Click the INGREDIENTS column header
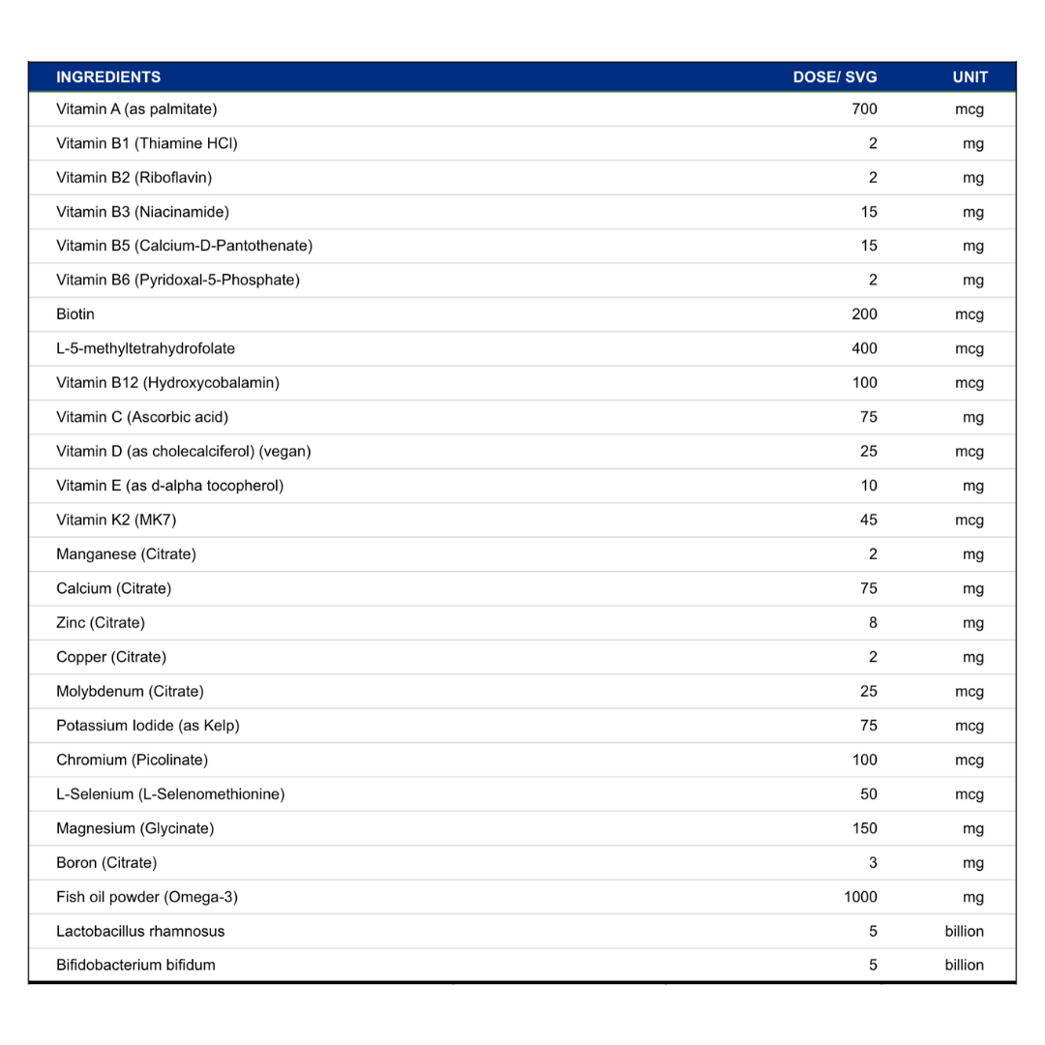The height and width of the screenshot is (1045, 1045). pos(108,77)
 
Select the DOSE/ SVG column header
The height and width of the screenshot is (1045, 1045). pos(835,77)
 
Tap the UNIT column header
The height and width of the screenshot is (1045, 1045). pos(970,77)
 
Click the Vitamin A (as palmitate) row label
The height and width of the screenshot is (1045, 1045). pos(136,109)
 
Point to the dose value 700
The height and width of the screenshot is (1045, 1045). pos(864,109)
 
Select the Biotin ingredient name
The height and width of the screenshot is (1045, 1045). pos(75,314)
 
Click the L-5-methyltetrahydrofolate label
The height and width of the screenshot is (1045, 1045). pos(145,348)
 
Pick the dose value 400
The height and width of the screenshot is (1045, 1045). pos(864,348)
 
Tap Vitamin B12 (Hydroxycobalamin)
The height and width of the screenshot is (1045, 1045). pos(167,383)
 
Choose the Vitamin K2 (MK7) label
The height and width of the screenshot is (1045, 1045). pos(116,521)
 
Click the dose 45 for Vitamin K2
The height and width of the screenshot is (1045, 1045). pos(868,521)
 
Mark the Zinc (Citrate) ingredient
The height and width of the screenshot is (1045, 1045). pos(101,623)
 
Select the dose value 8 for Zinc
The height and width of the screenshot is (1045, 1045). pos(873,623)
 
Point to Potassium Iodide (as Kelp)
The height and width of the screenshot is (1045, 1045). pos(148,726)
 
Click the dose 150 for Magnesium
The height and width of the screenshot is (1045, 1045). pos(864,828)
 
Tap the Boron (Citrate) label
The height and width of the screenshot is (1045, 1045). pos(106,862)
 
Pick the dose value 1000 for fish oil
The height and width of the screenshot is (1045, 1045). pos(860,897)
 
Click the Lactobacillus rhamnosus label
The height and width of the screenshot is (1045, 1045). pos(140,931)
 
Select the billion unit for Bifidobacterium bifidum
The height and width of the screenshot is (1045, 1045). pos(964,965)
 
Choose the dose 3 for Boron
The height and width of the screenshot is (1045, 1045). pos(873,862)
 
